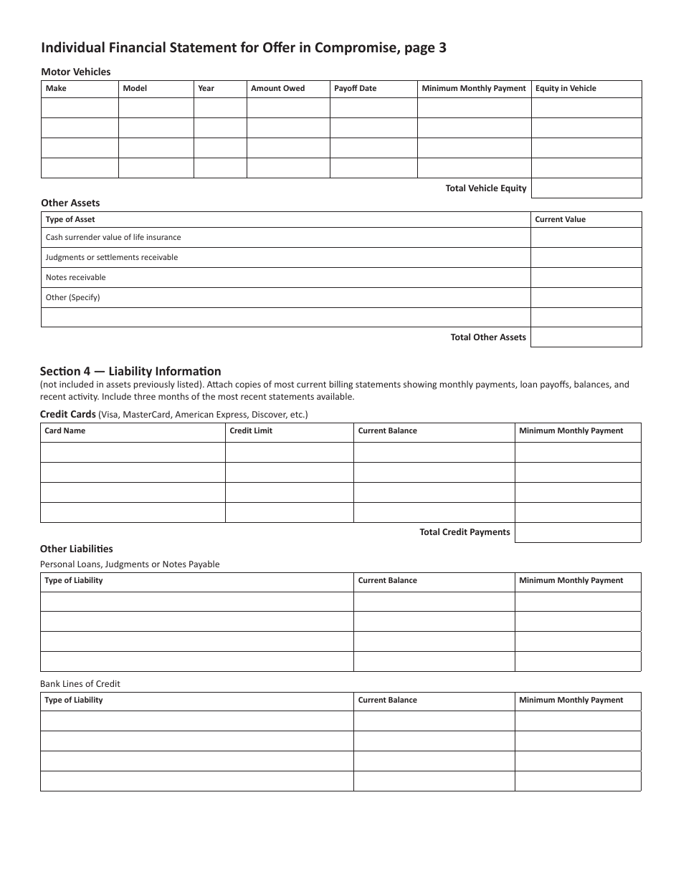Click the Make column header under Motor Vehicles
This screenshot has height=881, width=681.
pos(56,88)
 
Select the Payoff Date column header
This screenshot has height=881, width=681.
pos(355,88)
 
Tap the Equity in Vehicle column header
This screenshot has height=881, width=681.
pos(566,88)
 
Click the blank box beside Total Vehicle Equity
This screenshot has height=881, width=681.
pos(586,188)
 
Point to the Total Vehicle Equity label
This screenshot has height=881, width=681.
pos(486,188)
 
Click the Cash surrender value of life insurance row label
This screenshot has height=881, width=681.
pos(113,237)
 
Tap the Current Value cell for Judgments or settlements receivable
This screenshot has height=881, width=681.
pos(586,257)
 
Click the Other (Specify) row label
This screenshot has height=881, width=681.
pos(72,297)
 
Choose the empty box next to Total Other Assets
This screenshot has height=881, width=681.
pos(586,337)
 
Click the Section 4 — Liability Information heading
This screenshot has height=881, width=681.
pos(130,371)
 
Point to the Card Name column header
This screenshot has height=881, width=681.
pos(65,430)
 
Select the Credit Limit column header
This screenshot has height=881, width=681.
pos(251,430)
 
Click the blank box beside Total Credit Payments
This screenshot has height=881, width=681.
pos(578,532)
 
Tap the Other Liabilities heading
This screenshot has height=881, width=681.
pos(76,549)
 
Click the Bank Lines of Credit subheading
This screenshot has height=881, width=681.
pos(80,683)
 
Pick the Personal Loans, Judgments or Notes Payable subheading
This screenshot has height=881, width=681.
pos(130,564)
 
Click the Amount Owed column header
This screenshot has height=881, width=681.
pos(277,88)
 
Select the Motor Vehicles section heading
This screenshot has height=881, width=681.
pos(76,72)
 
